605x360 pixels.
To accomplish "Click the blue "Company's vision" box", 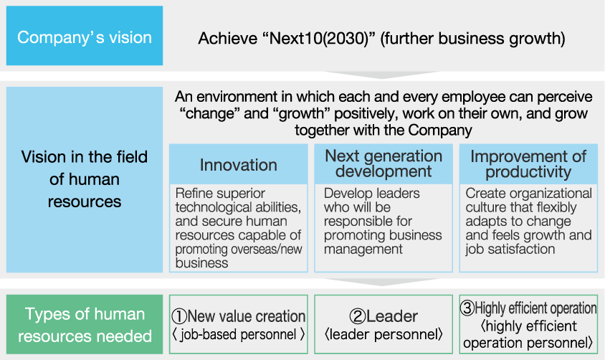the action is [x=85, y=36].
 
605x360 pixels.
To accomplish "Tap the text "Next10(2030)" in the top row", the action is [x=319, y=39].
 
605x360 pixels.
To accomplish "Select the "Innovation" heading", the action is [x=239, y=165].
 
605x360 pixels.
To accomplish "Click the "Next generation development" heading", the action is [x=384, y=164].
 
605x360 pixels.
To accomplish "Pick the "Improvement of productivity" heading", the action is [x=528, y=164].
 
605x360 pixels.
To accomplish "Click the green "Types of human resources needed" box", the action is [x=85, y=324].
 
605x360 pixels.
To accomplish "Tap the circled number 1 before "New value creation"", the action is [x=179, y=316].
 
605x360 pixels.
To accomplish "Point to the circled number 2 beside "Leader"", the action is [x=357, y=316].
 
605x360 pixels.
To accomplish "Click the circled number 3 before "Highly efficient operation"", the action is [x=467, y=308].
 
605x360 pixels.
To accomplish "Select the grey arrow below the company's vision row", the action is [x=382, y=75].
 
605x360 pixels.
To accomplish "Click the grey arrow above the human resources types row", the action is [x=382, y=282].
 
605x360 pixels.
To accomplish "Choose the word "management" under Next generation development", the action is [x=363, y=250].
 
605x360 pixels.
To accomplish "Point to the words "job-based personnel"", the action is [x=238, y=334].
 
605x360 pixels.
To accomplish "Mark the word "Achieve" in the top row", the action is [x=227, y=39].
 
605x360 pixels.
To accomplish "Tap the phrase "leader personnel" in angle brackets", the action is [x=384, y=334].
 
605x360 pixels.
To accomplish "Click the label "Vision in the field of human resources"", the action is [x=85, y=179].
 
